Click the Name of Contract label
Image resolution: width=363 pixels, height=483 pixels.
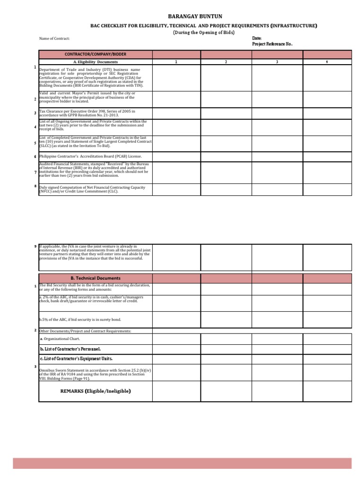[54, 39]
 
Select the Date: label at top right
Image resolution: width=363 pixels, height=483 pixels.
[257, 38]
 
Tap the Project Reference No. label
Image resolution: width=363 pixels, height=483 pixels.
[272, 44]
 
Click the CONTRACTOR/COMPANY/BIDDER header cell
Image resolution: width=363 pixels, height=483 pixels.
[95, 55]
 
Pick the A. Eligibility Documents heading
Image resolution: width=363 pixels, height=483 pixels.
[95, 62]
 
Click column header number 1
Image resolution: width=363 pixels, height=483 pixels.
[176, 62]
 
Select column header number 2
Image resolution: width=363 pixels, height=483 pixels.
[226, 62]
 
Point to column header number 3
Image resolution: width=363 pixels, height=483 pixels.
[277, 62]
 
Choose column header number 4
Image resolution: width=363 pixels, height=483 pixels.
[327, 62]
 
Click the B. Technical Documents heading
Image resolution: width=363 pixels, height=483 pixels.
[95, 278]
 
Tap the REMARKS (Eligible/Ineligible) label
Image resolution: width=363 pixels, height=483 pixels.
[95, 391]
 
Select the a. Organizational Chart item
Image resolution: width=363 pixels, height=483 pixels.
[60, 339]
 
